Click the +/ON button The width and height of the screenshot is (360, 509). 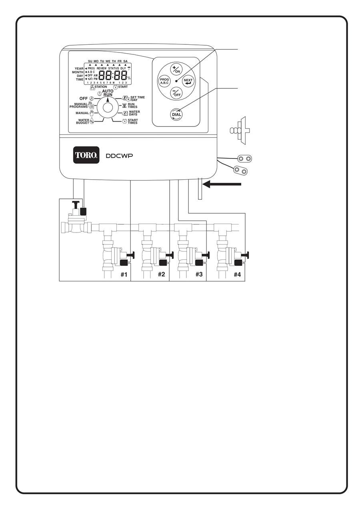coord(176,69)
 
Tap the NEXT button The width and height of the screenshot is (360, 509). coord(188,81)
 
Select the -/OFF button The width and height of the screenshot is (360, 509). coord(176,93)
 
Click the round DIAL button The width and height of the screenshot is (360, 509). coord(176,114)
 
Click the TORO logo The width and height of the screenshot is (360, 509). coord(86,155)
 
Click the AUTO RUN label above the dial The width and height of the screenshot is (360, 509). coord(108,93)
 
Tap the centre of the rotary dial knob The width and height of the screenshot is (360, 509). coord(107,108)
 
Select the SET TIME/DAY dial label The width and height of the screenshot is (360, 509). coord(137,98)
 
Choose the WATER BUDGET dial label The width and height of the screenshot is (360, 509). coord(84,121)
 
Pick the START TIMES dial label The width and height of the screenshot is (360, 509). coord(132,121)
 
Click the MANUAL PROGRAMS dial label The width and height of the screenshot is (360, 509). coord(78,105)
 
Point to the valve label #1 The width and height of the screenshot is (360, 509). coord(124,275)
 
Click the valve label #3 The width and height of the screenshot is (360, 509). coord(199,275)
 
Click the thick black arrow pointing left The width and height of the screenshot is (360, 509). coord(222,184)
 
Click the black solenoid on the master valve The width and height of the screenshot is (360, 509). coord(84,212)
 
